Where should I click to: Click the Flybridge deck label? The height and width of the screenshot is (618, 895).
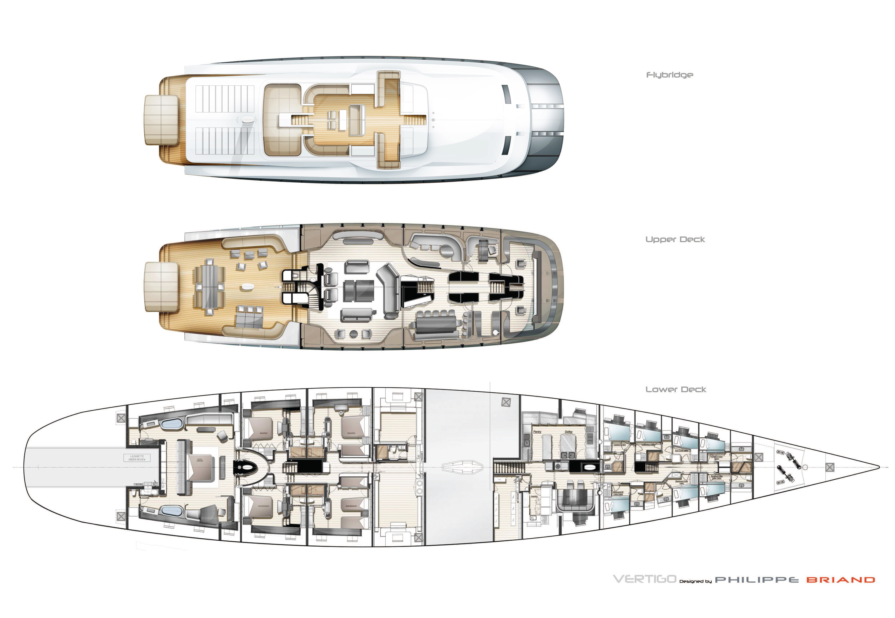click(669, 75)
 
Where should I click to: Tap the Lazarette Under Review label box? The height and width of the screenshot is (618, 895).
click(137, 458)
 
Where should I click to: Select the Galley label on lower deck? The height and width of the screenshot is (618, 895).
click(568, 431)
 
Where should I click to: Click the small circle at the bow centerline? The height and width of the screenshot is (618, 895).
click(805, 467)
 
